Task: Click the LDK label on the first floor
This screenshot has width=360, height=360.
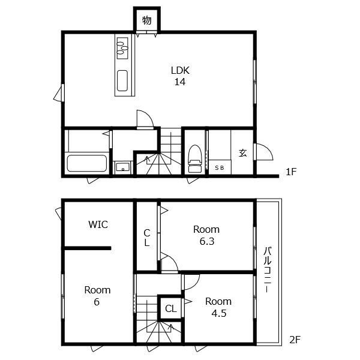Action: (180, 70)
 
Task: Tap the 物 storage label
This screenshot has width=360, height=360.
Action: (147, 20)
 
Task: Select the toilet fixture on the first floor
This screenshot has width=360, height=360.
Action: (195, 158)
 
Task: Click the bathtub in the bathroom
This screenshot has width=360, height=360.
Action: (87, 163)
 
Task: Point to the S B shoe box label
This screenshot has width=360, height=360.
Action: (219, 168)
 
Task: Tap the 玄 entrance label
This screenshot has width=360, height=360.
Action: (242, 152)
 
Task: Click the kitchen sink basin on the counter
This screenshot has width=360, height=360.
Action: (122, 80)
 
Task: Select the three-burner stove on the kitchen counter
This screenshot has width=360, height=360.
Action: (122, 48)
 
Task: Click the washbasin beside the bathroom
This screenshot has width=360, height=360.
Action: (122, 167)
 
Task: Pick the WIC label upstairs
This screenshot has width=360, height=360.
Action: (98, 224)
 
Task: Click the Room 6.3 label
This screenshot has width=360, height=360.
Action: (206, 235)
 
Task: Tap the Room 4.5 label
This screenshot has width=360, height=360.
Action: (218, 307)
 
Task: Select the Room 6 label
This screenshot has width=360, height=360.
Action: (97, 296)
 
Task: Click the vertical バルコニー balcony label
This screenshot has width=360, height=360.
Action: (267, 269)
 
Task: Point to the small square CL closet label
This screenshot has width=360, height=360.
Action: (171, 308)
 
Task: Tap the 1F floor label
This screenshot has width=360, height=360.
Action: (291, 172)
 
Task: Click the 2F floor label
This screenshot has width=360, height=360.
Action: (295, 340)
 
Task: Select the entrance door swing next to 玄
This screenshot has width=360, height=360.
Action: (264, 152)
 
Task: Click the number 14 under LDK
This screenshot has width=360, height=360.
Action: (180, 82)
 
